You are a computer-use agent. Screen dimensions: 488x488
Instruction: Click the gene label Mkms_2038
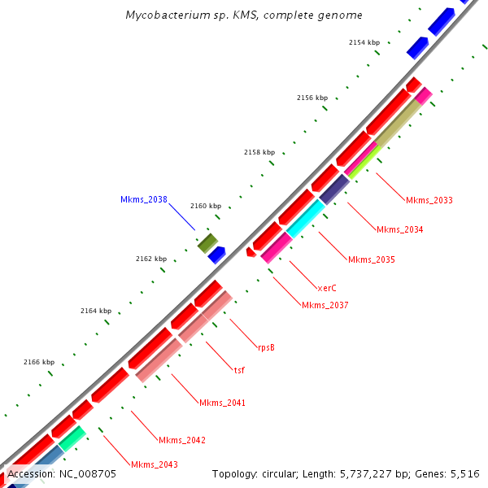click(144, 199)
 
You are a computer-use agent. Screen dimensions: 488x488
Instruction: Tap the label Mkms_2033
click(429, 200)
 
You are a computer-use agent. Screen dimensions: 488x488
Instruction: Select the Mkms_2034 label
click(399, 229)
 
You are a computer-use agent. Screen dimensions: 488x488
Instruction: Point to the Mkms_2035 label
click(372, 260)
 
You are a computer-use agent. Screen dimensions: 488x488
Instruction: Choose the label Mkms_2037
click(325, 306)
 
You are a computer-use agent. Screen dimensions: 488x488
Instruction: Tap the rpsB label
click(266, 347)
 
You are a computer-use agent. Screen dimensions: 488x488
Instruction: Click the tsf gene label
click(239, 370)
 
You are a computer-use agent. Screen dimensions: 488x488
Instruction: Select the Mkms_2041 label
click(222, 403)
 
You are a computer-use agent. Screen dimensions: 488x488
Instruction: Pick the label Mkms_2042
click(182, 441)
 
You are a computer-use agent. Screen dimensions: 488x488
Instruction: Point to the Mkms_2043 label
click(155, 464)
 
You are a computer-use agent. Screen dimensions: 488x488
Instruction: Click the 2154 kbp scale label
click(364, 42)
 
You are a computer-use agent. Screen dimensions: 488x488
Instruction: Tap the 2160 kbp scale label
click(206, 206)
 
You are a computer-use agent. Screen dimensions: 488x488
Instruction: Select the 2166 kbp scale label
click(39, 362)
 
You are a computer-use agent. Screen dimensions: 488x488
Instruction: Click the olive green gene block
click(207, 242)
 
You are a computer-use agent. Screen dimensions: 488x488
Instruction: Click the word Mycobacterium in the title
click(163, 15)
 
